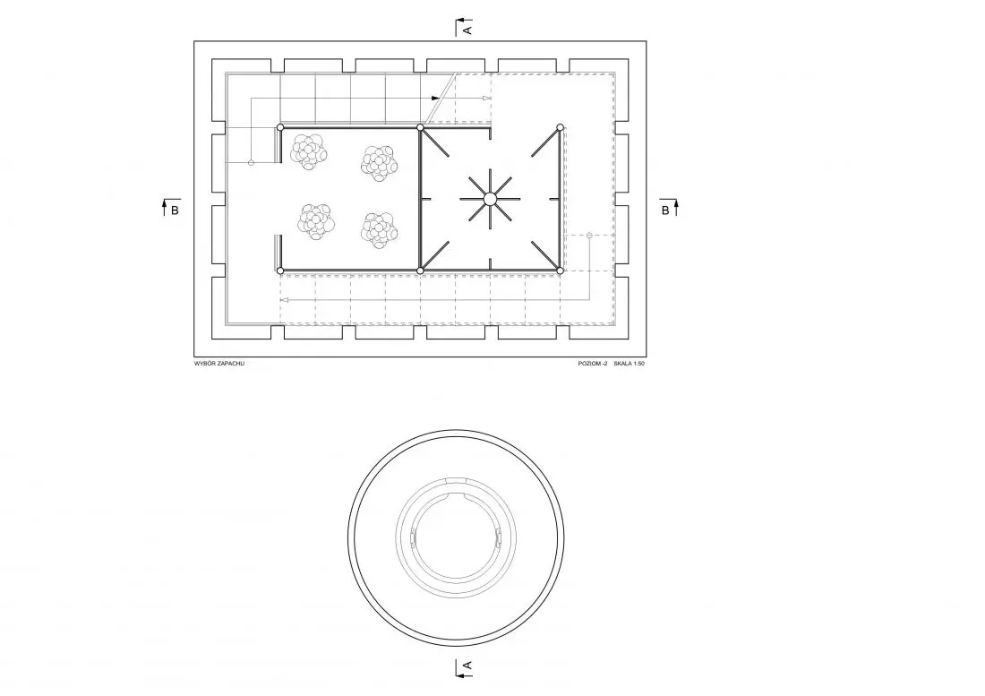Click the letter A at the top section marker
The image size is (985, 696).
click(x=467, y=29)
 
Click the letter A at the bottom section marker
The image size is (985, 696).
click(x=467, y=666)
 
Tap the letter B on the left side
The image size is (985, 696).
click(x=175, y=211)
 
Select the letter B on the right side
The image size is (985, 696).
click(x=665, y=211)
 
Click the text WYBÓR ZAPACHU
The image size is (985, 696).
click(x=219, y=364)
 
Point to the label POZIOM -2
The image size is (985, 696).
click(x=593, y=364)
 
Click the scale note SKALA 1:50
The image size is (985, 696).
click(x=629, y=364)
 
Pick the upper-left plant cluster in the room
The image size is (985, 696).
click(x=309, y=152)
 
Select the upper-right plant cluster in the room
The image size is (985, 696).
click(x=380, y=163)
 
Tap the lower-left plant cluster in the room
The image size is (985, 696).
click(x=316, y=221)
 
